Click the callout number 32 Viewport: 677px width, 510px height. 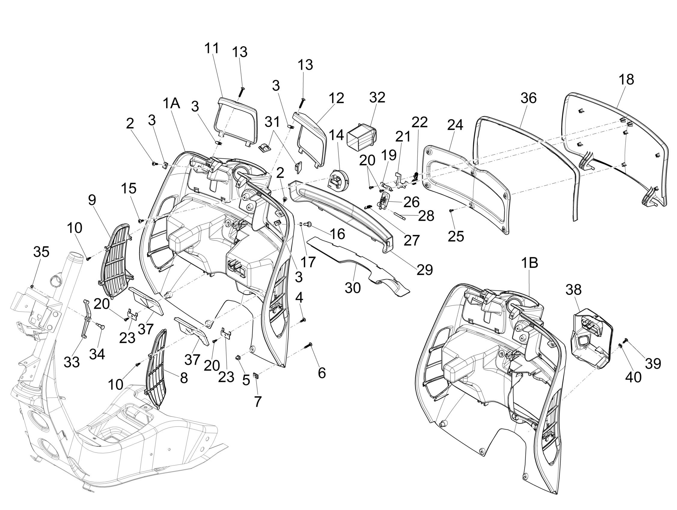[377, 98]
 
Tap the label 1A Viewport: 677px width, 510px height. [171, 103]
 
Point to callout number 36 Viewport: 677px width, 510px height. [529, 98]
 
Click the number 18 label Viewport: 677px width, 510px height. [626, 80]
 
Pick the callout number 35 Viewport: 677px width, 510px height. [41, 252]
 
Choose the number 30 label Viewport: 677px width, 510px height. [352, 287]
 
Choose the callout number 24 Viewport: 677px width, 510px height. [455, 125]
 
